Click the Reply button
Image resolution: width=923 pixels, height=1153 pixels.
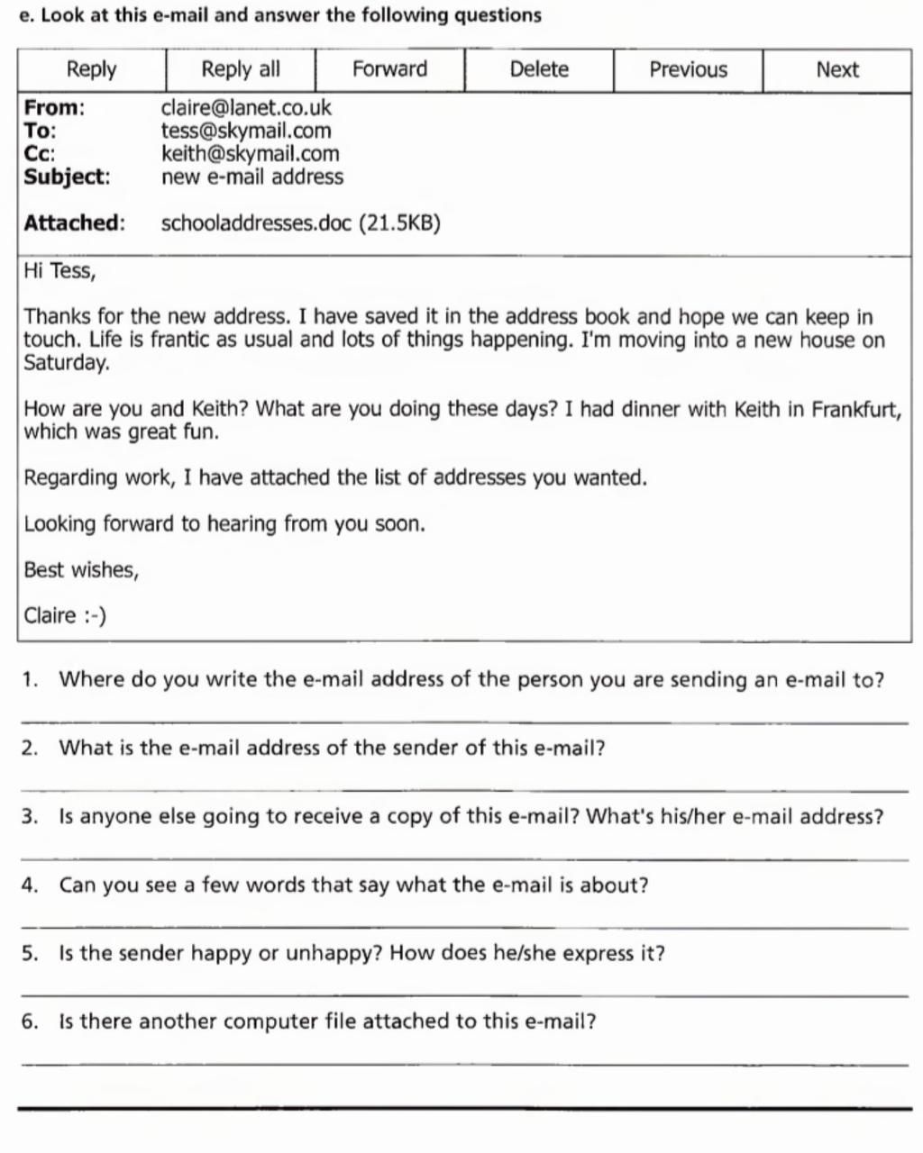[x=92, y=70]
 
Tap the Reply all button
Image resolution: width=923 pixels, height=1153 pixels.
[x=241, y=70]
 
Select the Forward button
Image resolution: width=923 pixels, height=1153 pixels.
[x=389, y=70]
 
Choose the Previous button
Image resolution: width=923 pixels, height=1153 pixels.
[x=688, y=70]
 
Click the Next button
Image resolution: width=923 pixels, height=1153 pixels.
[x=837, y=70]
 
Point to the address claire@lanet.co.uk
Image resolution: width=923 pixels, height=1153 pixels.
[x=246, y=108]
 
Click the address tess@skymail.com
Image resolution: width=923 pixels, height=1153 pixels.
[x=246, y=131]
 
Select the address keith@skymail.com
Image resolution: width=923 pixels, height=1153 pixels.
[x=250, y=154]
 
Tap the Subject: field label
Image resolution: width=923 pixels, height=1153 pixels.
[x=67, y=177]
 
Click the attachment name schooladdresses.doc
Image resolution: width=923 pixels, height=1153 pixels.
[x=256, y=223]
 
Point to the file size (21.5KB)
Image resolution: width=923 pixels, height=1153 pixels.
[x=400, y=223]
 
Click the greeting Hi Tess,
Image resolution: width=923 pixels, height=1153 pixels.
[x=59, y=271]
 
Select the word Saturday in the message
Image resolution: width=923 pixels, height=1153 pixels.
[x=66, y=363]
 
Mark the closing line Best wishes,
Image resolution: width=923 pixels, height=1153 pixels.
[x=81, y=570]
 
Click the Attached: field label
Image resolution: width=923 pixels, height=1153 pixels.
[x=74, y=223]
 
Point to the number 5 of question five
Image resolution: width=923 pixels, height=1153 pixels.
[x=29, y=954]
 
